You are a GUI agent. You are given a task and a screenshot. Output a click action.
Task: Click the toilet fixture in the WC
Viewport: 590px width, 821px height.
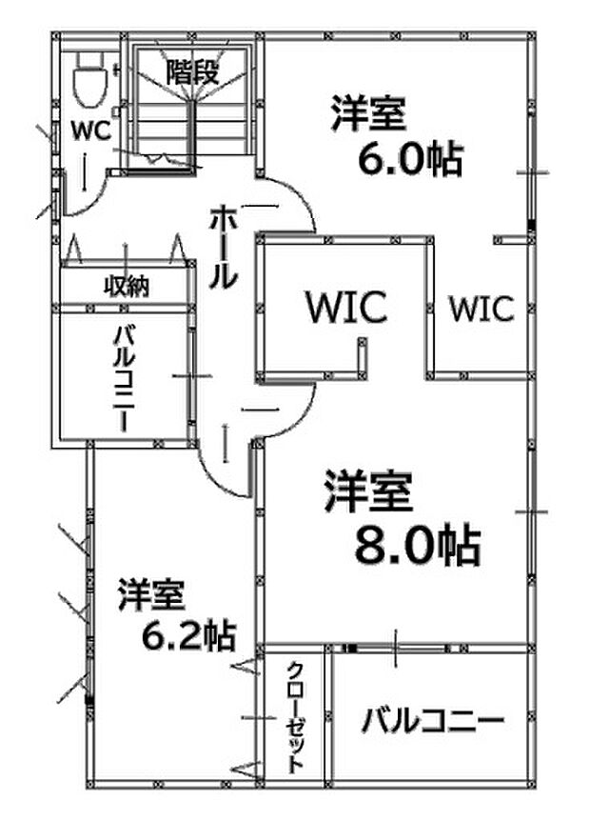[x=88, y=77]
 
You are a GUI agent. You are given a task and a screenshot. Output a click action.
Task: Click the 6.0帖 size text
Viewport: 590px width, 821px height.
[x=409, y=159]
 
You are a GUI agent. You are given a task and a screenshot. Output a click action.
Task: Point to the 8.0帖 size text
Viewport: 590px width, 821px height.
[x=416, y=546]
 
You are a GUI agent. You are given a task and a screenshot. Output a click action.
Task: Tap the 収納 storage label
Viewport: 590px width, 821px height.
[x=126, y=285]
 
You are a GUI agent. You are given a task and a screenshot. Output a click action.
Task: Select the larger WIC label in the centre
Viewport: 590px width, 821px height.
[x=345, y=308]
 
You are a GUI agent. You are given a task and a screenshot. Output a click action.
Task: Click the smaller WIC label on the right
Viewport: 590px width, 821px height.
[x=482, y=309]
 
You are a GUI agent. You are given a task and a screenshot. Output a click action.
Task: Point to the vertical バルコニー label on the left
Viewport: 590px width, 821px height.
[x=124, y=378]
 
